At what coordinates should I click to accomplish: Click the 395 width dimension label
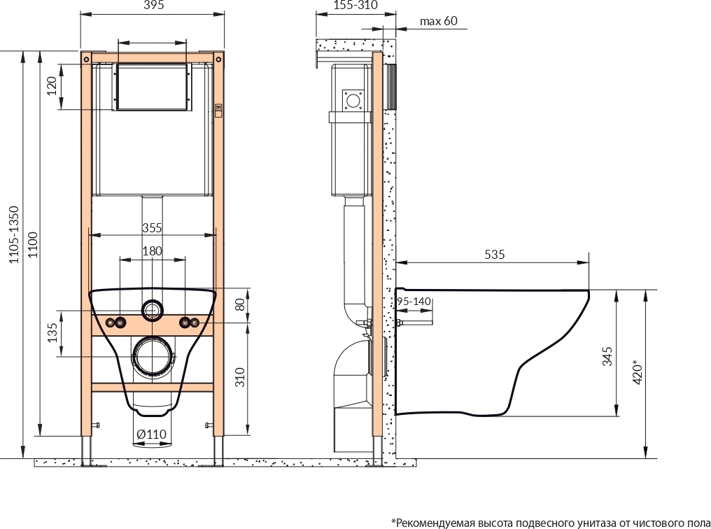tap(153, 5)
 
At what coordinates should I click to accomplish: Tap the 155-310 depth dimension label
tap(355, 5)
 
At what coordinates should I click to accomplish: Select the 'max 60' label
tap(439, 21)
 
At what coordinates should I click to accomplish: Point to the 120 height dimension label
tap(52, 86)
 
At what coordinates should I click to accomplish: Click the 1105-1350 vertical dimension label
tap(15, 235)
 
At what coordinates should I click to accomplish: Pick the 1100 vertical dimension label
tap(33, 245)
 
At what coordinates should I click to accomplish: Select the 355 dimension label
tap(152, 227)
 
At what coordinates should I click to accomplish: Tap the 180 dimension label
tap(152, 251)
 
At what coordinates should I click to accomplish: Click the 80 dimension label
tap(240, 304)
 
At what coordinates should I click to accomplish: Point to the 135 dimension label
tap(52, 332)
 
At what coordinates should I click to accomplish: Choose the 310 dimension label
tap(240, 377)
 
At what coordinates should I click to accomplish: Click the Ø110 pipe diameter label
tap(151, 435)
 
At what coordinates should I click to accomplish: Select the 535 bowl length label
tap(494, 254)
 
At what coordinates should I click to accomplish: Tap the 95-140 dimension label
tap(414, 302)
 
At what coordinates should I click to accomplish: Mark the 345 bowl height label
tap(607, 356)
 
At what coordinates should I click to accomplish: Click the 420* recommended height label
tap(638, 372)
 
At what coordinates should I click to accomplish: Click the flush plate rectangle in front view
tap(152, 86)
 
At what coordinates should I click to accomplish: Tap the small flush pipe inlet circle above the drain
tap(152, 309)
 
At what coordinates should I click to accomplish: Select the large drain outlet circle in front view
tap(152, 356)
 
